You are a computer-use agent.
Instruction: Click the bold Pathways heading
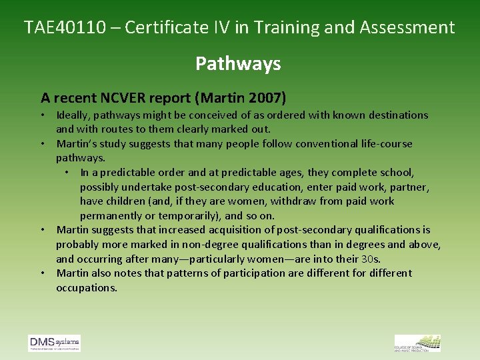(x=238, y=64)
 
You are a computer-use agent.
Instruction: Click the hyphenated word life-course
(x=384, y=143)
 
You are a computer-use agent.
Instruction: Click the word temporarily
(x=181, y=215)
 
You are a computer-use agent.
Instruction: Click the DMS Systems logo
(x=54, y=343)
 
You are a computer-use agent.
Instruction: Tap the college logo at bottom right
(x=417, y=343)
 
